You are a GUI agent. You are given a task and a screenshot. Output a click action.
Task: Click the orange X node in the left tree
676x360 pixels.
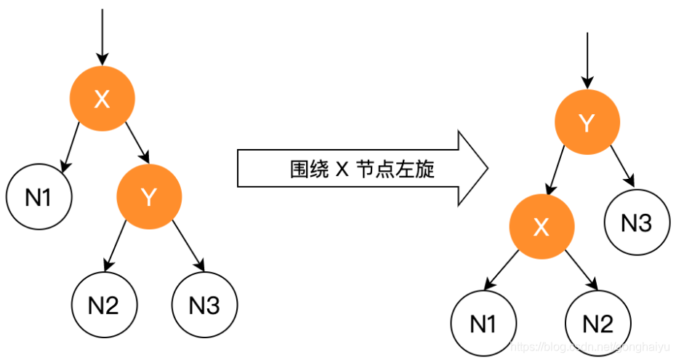pyautogui.click(x=102, y=98)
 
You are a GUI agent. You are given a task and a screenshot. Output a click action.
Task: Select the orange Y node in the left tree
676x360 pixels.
pyautogui.click(x=149, y=196)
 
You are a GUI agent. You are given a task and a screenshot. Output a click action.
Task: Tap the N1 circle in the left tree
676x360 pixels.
pyautogui.click(x=39, y=196)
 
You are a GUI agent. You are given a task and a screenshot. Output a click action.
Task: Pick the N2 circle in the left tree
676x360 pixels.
pyautogui.click(x=103, y=305)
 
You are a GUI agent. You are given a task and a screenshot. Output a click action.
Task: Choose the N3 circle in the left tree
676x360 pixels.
pyautogui.click(x=204, y=305)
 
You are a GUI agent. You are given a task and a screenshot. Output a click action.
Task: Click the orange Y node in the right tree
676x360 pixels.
pyautogui.click(x=587, y=124)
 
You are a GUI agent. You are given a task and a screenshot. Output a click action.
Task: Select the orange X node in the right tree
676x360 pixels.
pyautogui.click(x=541, y=228)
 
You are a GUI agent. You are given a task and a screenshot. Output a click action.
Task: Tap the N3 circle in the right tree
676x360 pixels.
pyautogui.click(x=637, y=223)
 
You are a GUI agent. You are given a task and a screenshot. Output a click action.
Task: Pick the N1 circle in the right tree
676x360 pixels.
pyautogui.click(x=483, y=324)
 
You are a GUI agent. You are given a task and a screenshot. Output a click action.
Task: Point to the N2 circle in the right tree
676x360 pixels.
pyautogui.click(x=598, y=324)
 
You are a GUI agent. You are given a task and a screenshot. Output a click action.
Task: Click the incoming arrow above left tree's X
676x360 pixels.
pyautogui.click(x=102, y=36)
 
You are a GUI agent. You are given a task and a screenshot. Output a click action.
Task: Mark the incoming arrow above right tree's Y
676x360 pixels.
pyautogui.click(x=587, y=62)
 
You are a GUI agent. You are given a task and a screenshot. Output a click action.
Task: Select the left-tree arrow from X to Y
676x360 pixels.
pyautogui.click(x=137, y=142)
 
